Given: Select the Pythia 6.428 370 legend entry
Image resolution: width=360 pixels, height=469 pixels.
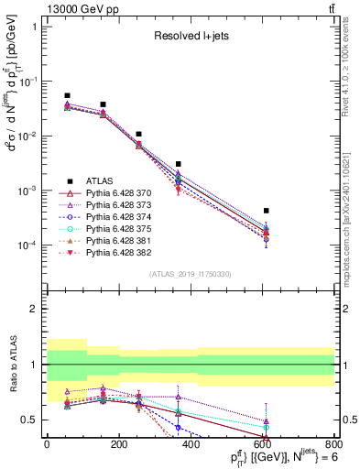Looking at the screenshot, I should pyautogui.click(x=112, y=193).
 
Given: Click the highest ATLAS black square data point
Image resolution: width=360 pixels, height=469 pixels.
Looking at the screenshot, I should pyautogui.click(x=67, y=95).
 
